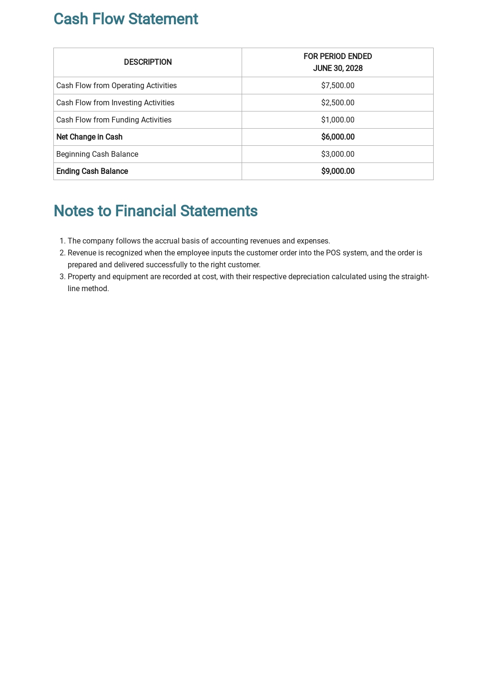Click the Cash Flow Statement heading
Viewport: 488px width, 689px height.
click(125, 19)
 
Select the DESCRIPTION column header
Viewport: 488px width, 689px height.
click(148, 62)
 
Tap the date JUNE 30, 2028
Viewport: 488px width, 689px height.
click(337, 68)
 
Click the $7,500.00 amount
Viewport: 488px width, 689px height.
click(337, 86)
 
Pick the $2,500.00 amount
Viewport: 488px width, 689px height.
click(337, 103)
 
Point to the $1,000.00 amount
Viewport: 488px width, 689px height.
click(337, 120)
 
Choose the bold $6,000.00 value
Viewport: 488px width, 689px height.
click(337, 137)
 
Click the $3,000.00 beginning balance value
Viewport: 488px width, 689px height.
click(337, 154)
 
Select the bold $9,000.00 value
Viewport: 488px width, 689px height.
click(337, 172)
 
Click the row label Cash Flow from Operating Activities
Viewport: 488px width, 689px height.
click(116, 86)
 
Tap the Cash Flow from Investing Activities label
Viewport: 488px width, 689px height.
click(115, 103)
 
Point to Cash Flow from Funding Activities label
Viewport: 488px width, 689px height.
click(114, 120)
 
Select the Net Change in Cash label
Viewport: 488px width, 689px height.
click(89, 137)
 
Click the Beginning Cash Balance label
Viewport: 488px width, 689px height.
click(97, 154)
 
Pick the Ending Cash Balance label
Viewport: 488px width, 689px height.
click(92, 172)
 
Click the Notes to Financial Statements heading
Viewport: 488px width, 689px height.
click(155, 211)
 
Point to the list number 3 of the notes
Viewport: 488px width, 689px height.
click(62, 277)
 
